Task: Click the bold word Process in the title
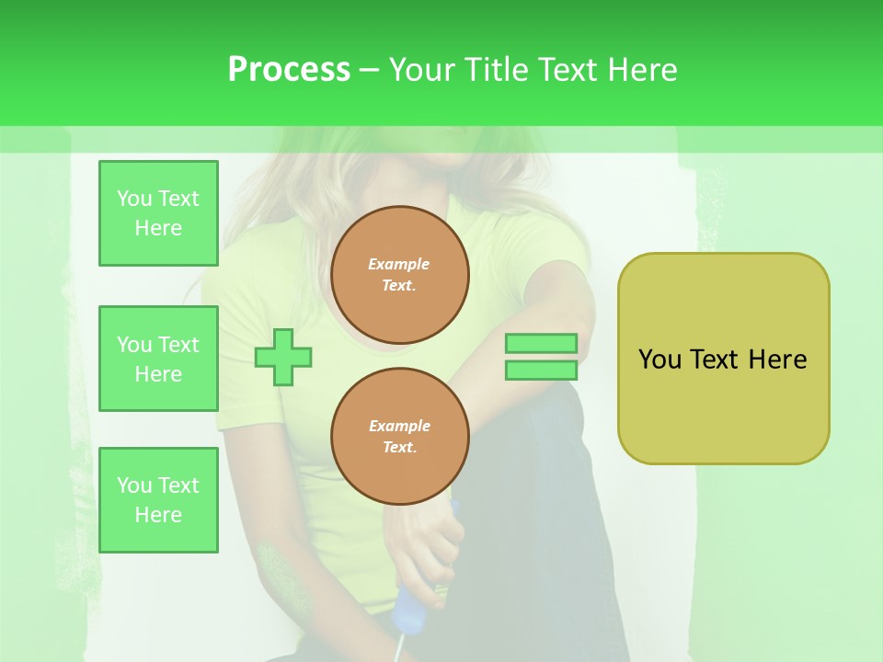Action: [289, 70]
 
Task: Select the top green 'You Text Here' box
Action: [158, 213]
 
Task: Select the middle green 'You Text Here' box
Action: [158, 359]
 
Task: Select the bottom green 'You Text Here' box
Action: [158, 500]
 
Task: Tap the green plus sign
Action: [283, 357]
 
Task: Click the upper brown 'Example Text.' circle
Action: [399, 275]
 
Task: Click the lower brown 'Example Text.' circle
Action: [399, 437]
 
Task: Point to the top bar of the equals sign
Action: [541, 344]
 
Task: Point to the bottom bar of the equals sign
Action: [541, 371]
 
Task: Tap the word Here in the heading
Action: [641, 70]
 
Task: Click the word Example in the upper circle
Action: [399, 264]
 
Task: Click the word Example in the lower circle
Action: [399, 426]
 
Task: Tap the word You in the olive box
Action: [659, 360]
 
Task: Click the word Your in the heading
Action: [420, 70]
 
